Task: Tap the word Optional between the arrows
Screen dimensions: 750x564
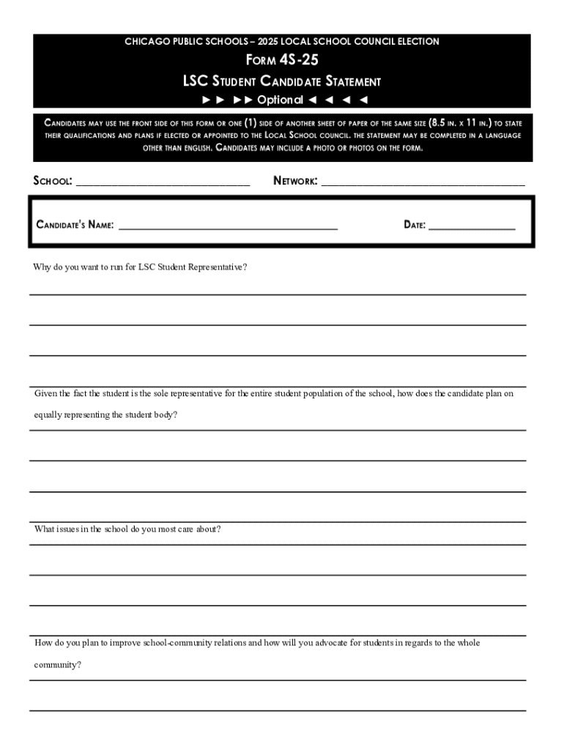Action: click(280, 100)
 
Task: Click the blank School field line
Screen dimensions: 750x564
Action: click(163, 184)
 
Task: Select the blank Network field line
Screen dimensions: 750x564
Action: click(423, 184)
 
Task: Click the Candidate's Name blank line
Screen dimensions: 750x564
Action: click(227, 228)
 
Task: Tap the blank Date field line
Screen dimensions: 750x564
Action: click(472, 228)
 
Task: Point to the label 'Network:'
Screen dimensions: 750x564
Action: click(295, 180)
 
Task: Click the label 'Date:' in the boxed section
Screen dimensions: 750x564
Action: click(415, 225)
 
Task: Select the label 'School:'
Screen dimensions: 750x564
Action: click(53, 181)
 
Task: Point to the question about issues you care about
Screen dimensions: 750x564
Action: click(127, 529)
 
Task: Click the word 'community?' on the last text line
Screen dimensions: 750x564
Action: click(58, 665)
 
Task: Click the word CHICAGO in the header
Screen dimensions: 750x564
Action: click(146, 42)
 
